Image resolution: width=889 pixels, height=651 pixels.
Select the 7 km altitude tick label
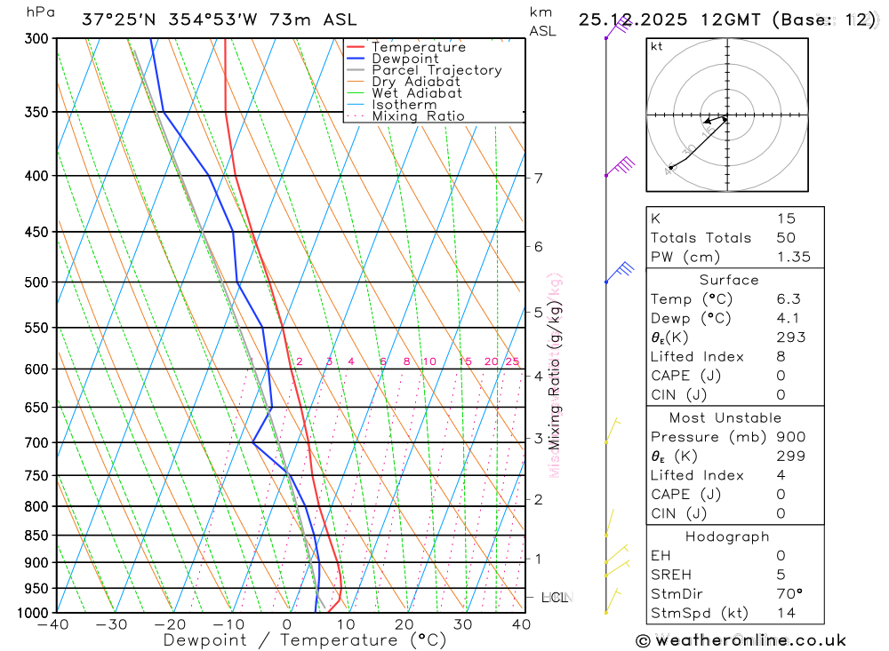[x=539, y=178]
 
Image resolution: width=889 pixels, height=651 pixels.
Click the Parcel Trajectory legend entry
[x=436, y=70]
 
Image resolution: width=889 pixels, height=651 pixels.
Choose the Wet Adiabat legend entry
[x=416, y=93]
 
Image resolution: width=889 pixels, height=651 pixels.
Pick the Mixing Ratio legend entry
[x=418, y=116]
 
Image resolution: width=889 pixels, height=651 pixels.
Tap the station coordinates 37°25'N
[x=117, y=20]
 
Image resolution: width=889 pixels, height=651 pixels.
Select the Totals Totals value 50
[x=786, y=238]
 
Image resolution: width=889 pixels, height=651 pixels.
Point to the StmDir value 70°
[x=788, y=593]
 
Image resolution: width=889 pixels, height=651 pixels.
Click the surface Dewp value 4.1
[x=787, y=319]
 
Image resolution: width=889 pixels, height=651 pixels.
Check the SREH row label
[x=671, y=575]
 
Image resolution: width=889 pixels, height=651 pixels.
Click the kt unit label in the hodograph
[x=657, y=46]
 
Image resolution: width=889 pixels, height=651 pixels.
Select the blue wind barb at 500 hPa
[x=621, y=271]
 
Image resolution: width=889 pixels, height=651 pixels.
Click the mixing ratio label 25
[x=512, y=361]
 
